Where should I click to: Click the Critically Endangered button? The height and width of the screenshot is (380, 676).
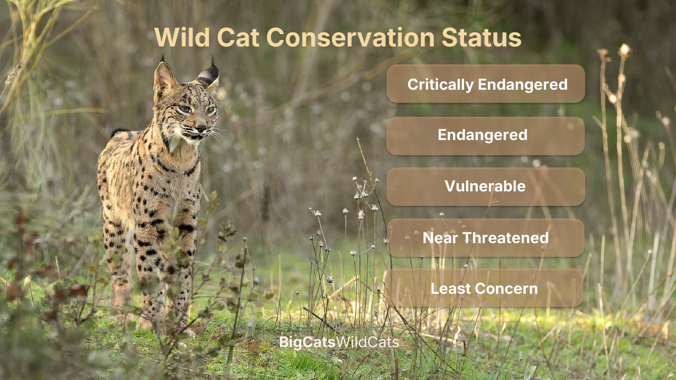click(x=486, y=84)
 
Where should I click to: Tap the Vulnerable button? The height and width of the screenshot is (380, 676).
click(x=486, y=186)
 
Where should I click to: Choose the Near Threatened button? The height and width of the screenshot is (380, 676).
click(x=486, y=238)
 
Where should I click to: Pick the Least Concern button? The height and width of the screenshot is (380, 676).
click(x=484, y=289)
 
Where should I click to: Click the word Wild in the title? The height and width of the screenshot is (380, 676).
click(x=182, y=37)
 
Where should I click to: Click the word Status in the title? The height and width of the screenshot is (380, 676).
click(x=481, y=37)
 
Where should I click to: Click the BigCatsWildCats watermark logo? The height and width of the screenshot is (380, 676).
click(x=339, y=342)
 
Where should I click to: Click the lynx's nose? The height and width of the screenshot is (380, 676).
click(x=201, y=128)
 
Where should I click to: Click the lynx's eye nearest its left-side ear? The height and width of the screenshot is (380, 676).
click(x=184, y=109)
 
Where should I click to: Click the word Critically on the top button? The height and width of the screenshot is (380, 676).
click(x=440, y=84)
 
